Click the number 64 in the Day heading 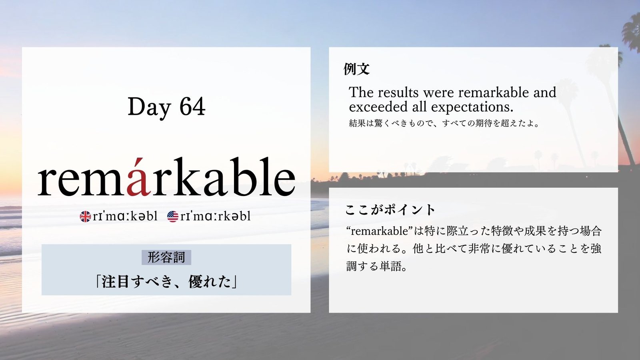click(192, 106)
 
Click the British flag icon click(85, 216)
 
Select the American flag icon click(172, 216)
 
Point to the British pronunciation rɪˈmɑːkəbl click(125, 216)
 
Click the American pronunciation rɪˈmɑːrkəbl click(215, 216)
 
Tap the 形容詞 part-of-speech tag click(166, 258)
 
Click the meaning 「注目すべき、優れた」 click(166, 282)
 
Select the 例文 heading click(356, 69)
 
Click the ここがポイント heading click(390, 210)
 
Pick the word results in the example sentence click(398, 92)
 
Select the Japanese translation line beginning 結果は click(444, 123)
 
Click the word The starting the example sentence click(361, 92)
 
